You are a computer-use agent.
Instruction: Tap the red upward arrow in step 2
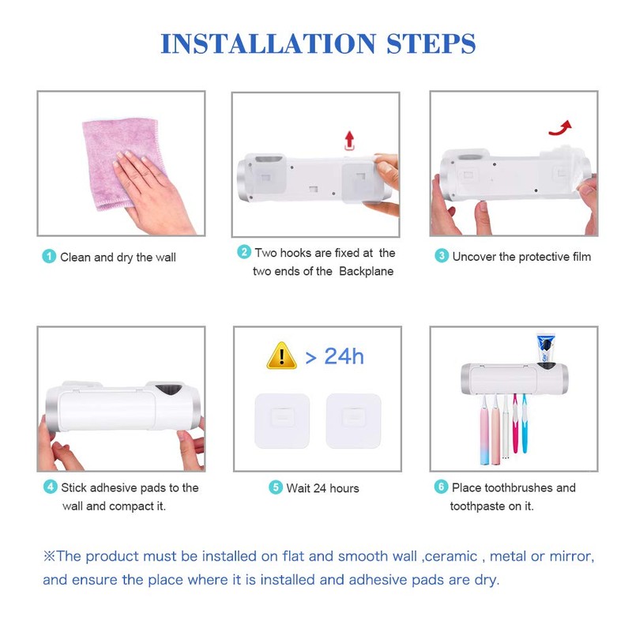pyautogui.click(x=349, y=140)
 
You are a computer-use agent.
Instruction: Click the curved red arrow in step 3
pyautogui.click(x=561, y=128)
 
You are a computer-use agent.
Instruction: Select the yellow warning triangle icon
pyautogui.click(x=282, y=356)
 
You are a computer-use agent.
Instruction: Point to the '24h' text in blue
pyautogui.click(x=344, y=356)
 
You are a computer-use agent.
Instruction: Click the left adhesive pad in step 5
pyautogui.click(x=282, y=421)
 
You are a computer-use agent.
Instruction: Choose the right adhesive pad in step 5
pyautogui.click(x=353, y=421)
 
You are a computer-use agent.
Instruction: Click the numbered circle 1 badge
pyautogui.click(x=49, y=256)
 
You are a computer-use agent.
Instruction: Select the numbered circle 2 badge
pyautogui.click(x=244, y=252)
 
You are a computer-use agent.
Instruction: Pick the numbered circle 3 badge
pyautogui.click(x=442, y=255)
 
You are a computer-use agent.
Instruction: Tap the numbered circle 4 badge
pyautogui.click(x=51, y=487)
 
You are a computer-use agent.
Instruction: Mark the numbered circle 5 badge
pyautogui.click(x=276, y=487)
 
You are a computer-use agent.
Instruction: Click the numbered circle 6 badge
pyautogui.click(x=441, y=487)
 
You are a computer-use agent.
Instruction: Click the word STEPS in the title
pyautogui.click(x=431, y=43)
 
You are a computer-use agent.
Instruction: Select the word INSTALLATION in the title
pyautogui.click(x=268, y=43)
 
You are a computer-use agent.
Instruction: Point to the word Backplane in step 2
pyautogui.click(x=366, y=271)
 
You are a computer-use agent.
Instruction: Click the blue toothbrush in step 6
pyautogui.click(x=525, y=424)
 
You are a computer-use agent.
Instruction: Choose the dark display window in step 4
pyautogui.click(x=169, y=390)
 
